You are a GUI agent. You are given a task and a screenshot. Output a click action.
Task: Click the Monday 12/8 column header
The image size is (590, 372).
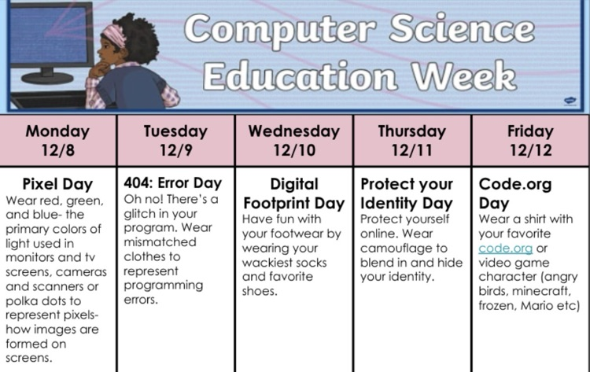(x=57, y=140)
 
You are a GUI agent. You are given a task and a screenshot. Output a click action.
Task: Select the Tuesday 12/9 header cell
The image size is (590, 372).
(x=175, y=140)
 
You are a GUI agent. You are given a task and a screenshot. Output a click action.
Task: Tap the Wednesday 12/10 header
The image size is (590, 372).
(x=293, y=140)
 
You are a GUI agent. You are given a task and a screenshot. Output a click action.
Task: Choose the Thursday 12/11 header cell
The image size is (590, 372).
(x=411, y=140)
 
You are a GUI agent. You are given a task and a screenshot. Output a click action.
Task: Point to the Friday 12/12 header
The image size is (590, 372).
(x=529, y=140)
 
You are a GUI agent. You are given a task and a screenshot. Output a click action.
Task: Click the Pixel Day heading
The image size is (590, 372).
(x=57, y=185)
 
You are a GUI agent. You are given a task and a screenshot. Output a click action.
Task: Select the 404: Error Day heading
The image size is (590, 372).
(x=173, y=183)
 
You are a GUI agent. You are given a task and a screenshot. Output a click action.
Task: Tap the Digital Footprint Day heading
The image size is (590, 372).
(x=293, y=193)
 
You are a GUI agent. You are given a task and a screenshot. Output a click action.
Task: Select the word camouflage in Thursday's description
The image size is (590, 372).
(x=396, y=249)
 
